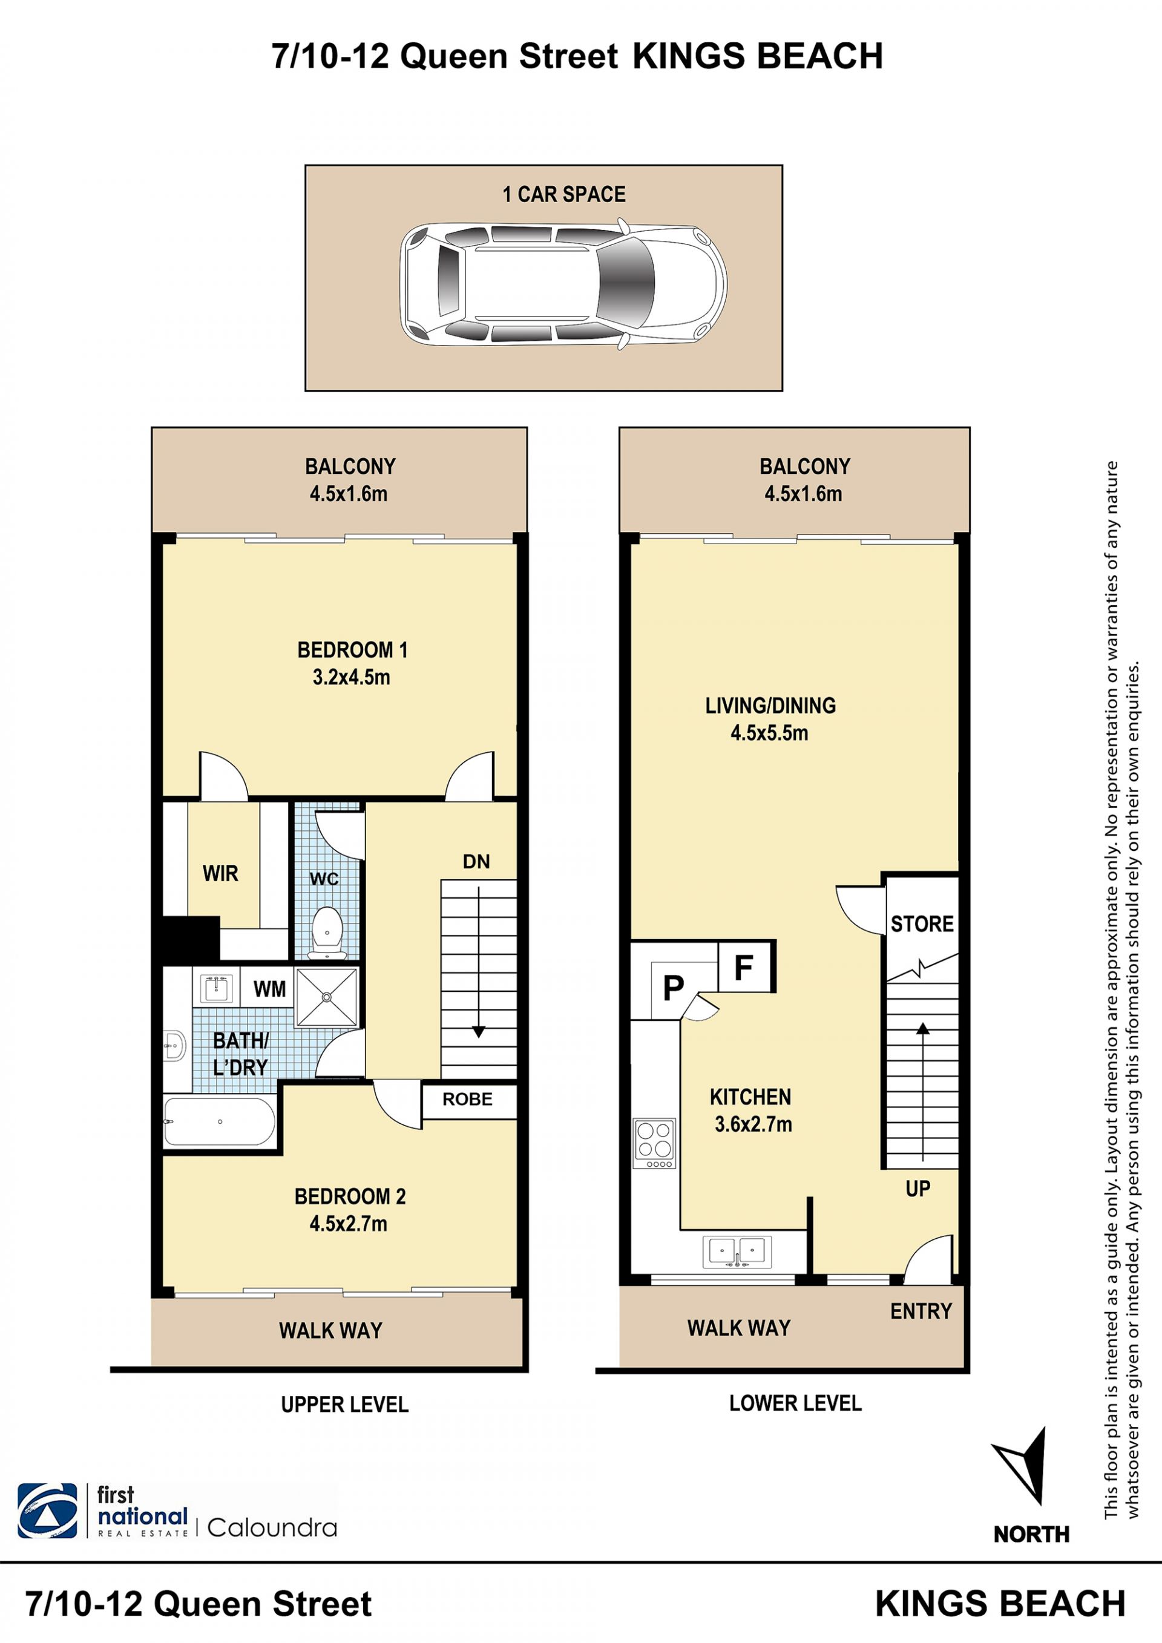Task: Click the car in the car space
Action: (x=563, y=285)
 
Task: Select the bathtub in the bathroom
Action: (x=220, y=1121)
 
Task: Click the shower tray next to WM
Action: (x=326, y=996)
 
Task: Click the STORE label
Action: (x=922, y=924)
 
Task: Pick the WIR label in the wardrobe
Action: (x=220, y=873)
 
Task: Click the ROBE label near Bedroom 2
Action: (x=467, y=1099)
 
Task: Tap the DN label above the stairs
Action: (x=476, y=862)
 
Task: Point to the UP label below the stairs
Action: (x=918, y=1189)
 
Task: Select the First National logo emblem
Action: (x=47, y=1511)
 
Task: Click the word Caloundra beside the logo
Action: (x=272, y=1529)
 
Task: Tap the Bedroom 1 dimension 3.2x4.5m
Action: (x=351, y=677)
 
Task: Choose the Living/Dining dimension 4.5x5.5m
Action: (x=769, y=733)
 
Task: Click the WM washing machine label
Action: (x=270, y=989)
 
